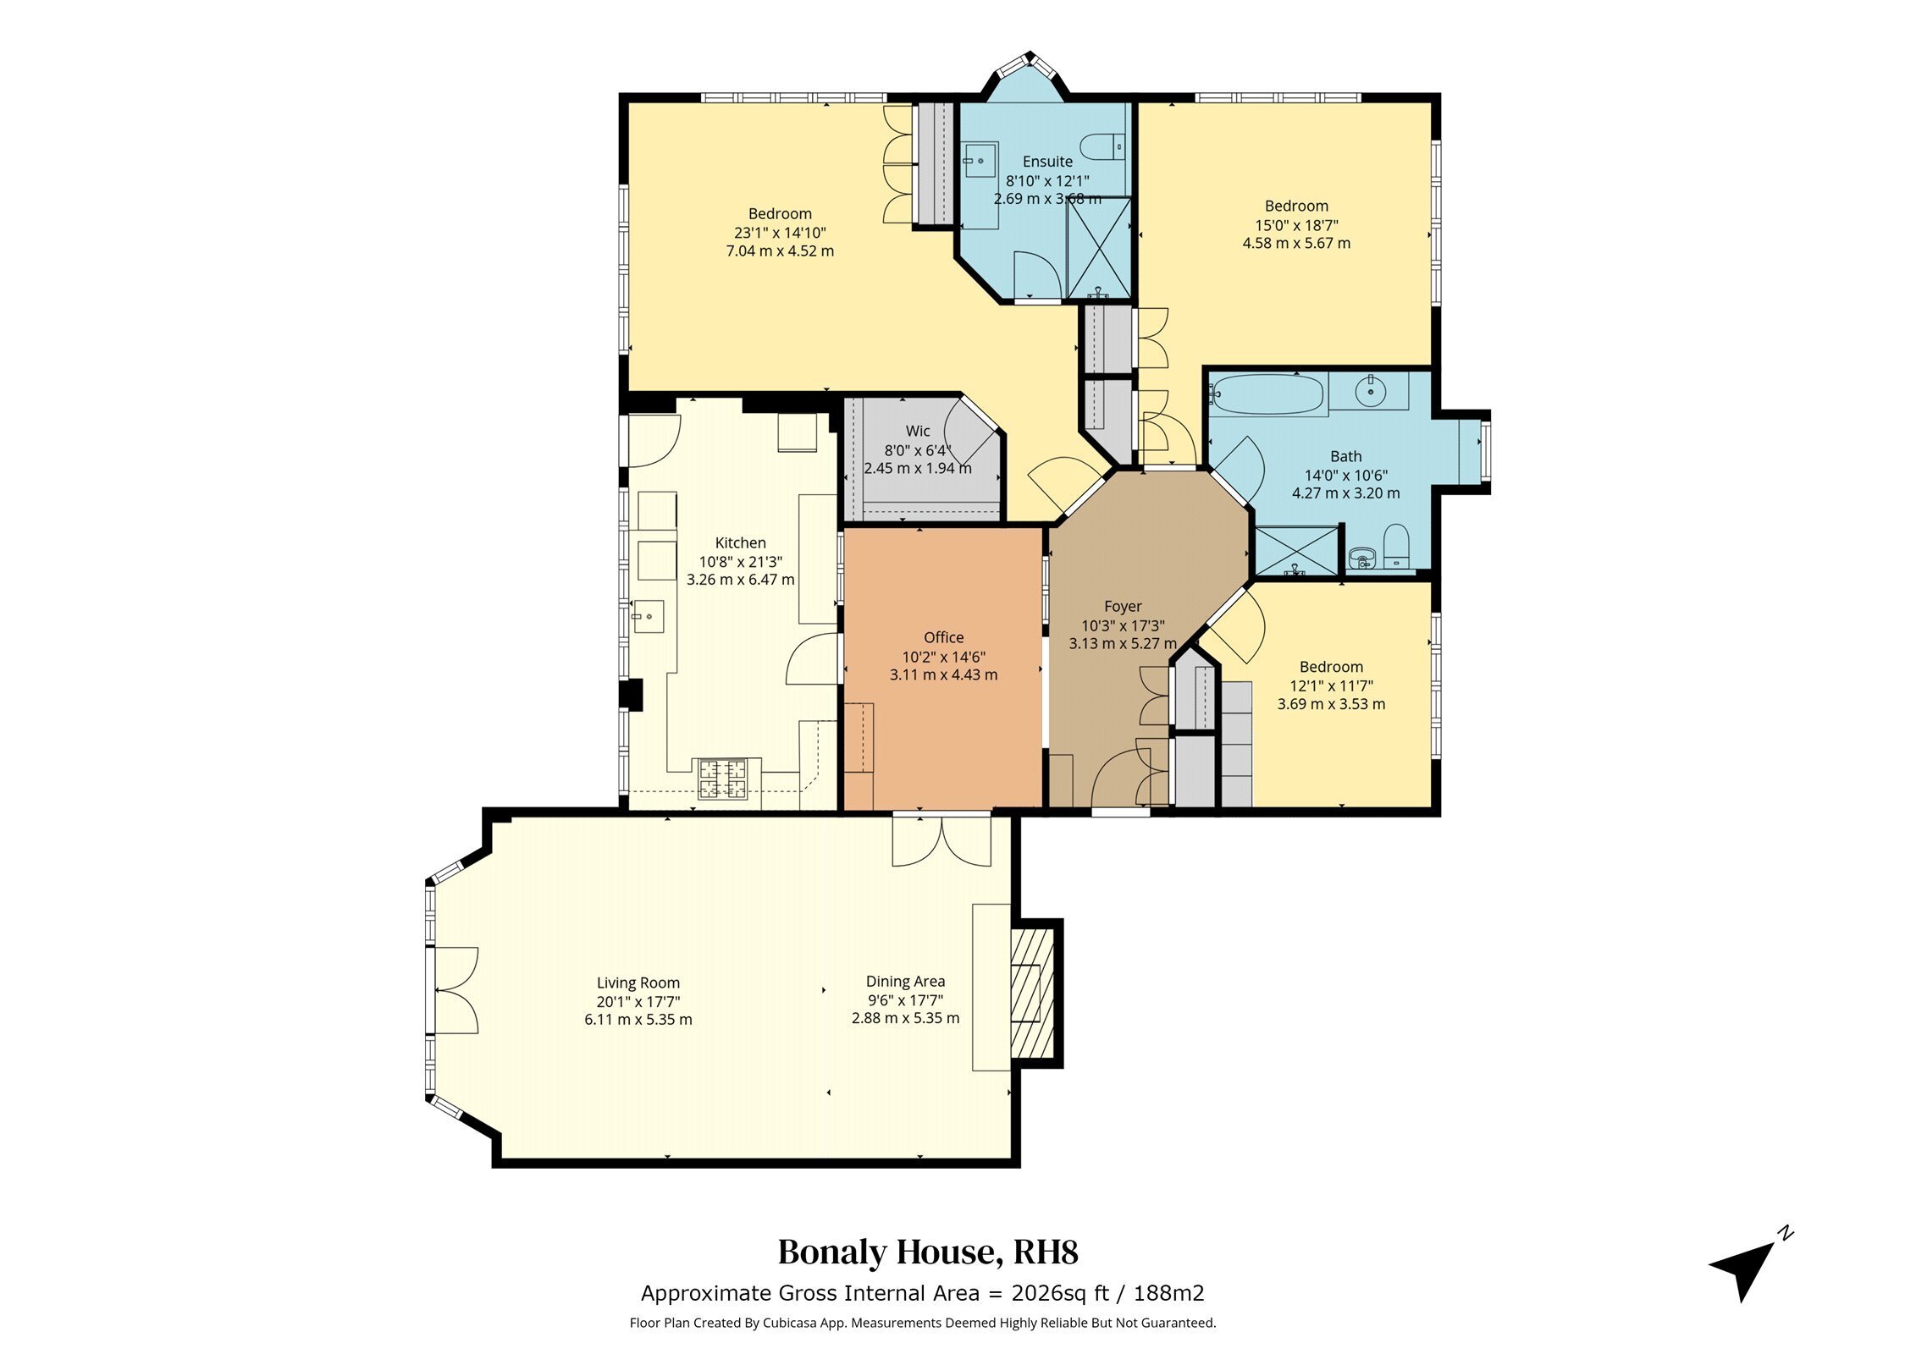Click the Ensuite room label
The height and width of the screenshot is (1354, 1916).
click(1047, 162)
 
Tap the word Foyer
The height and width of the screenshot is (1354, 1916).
click(1123, 607)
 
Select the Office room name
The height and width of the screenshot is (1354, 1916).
click(943, 638)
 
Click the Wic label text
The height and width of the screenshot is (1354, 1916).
click(918, 432)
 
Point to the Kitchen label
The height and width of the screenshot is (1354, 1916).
click(740, 543)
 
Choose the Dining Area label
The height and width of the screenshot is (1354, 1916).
click(905, 982)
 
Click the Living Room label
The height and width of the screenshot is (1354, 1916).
click(638, 983)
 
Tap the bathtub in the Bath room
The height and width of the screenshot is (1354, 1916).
click(1266, 394)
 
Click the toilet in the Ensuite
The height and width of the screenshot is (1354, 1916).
click(1105, 146)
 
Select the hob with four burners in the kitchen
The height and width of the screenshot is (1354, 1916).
click(722, 779)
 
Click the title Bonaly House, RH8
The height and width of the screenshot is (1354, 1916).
click(928, 1252)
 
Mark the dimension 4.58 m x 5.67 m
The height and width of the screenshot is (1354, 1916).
click(1296, 244)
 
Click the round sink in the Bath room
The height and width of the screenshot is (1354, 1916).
click(1369, 391)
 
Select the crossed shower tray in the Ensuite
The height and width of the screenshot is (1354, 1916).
click(1098, 247)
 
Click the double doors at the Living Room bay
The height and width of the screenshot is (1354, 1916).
click(456, 989)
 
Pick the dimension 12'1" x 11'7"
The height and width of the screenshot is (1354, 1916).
click(1331, 685)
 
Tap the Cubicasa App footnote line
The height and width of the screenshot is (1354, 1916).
click(922, 1323)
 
